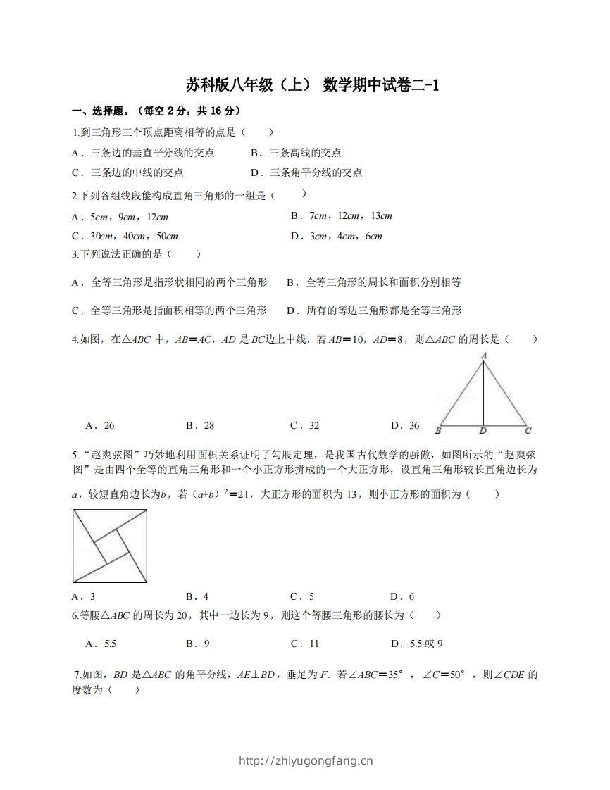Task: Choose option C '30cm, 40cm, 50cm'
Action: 125,236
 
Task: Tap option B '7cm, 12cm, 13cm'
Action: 341,215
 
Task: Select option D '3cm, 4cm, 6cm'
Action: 336,236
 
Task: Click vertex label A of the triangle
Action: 484,356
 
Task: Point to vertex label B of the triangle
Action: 438,430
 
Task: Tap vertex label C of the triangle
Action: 528,430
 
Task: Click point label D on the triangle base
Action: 483,430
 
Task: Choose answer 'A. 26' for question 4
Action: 100,425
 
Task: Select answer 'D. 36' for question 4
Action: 405,425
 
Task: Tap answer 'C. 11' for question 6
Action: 305,644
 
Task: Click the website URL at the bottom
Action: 306,760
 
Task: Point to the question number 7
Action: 77,675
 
